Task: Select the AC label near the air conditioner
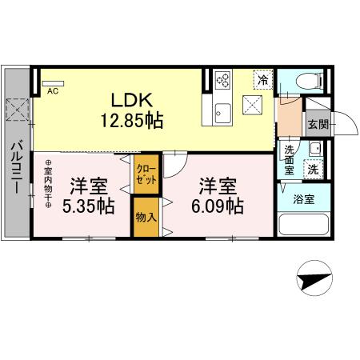click(52, 91)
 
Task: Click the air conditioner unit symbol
click(52, 82)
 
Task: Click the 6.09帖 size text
click(218, 206)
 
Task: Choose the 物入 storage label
click(146, 217)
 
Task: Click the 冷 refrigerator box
click(261, 80)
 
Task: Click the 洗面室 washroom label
click(290, 159)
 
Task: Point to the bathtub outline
click(302, 225)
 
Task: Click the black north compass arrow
click(315, 280)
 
